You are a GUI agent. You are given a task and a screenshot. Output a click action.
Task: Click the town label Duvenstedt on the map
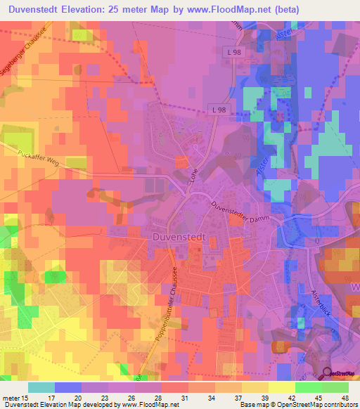click(179, 238)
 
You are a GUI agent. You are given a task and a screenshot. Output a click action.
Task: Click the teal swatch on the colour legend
click(41, 387)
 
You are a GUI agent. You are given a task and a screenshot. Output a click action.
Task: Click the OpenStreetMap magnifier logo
click(328, 373)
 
